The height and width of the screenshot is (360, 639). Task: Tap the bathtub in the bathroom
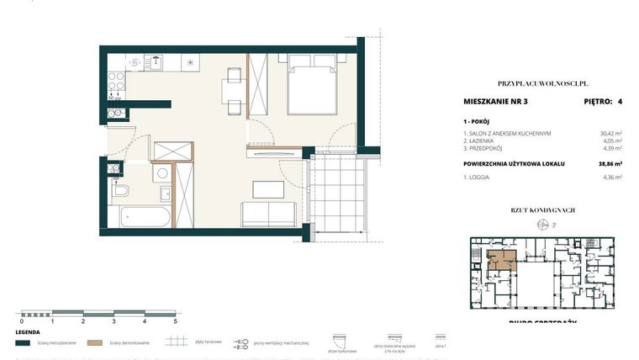click(141, 216)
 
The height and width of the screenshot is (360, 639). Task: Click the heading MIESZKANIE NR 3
click(495, 102)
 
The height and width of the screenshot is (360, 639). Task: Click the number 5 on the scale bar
click(175, 321)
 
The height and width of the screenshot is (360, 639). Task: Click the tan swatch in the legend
click(95, 342)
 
